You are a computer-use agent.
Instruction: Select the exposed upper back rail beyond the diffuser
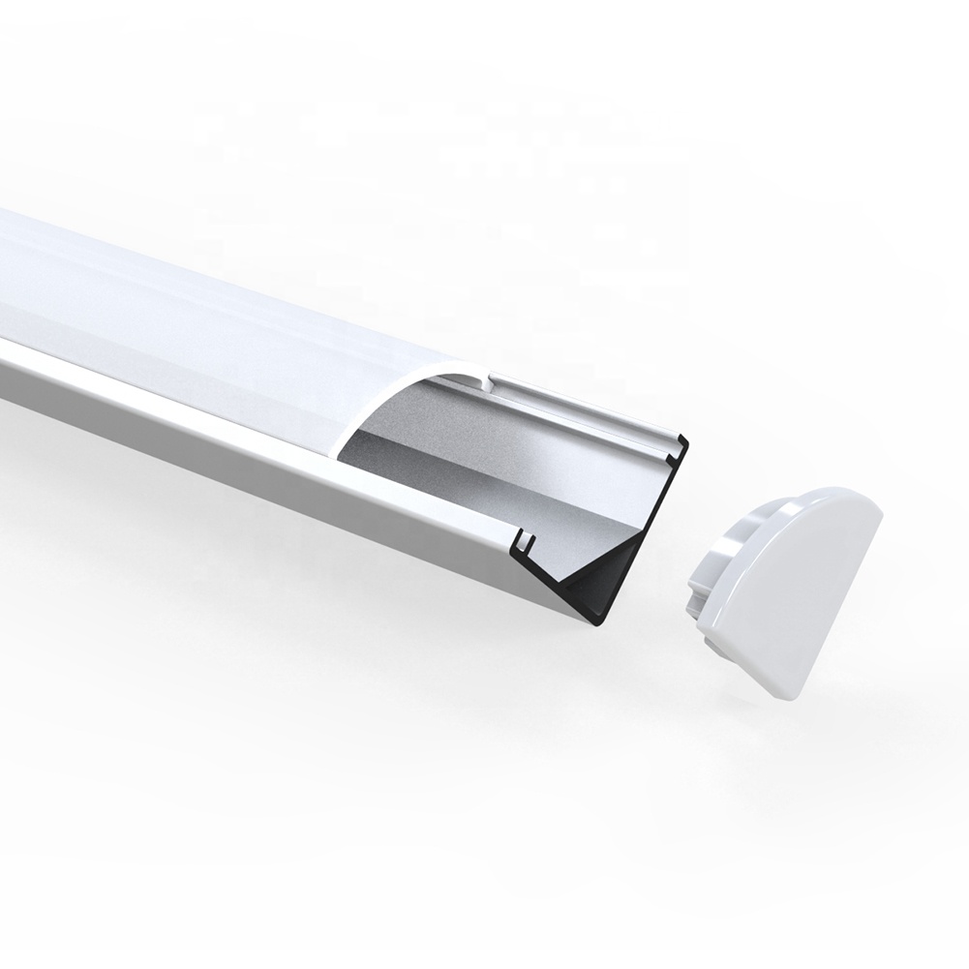click(x=581, y=407)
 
